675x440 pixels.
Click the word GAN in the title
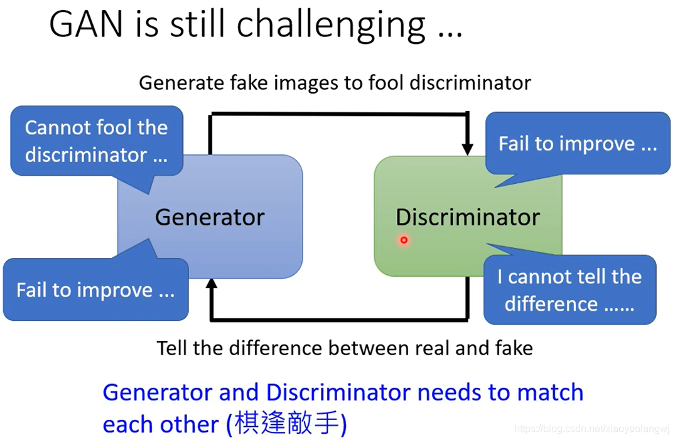86,24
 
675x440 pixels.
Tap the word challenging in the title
331,26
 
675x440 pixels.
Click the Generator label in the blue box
210,217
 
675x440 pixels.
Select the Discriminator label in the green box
468,217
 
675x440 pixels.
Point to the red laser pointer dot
404,240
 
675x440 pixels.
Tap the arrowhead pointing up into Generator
212,284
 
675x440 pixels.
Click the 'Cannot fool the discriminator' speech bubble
97,142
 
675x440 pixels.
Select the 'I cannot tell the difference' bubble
570,289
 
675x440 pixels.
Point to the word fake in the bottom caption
514,348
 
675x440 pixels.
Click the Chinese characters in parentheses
286,424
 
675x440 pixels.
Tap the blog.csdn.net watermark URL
592,428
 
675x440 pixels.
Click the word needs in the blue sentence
449,393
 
